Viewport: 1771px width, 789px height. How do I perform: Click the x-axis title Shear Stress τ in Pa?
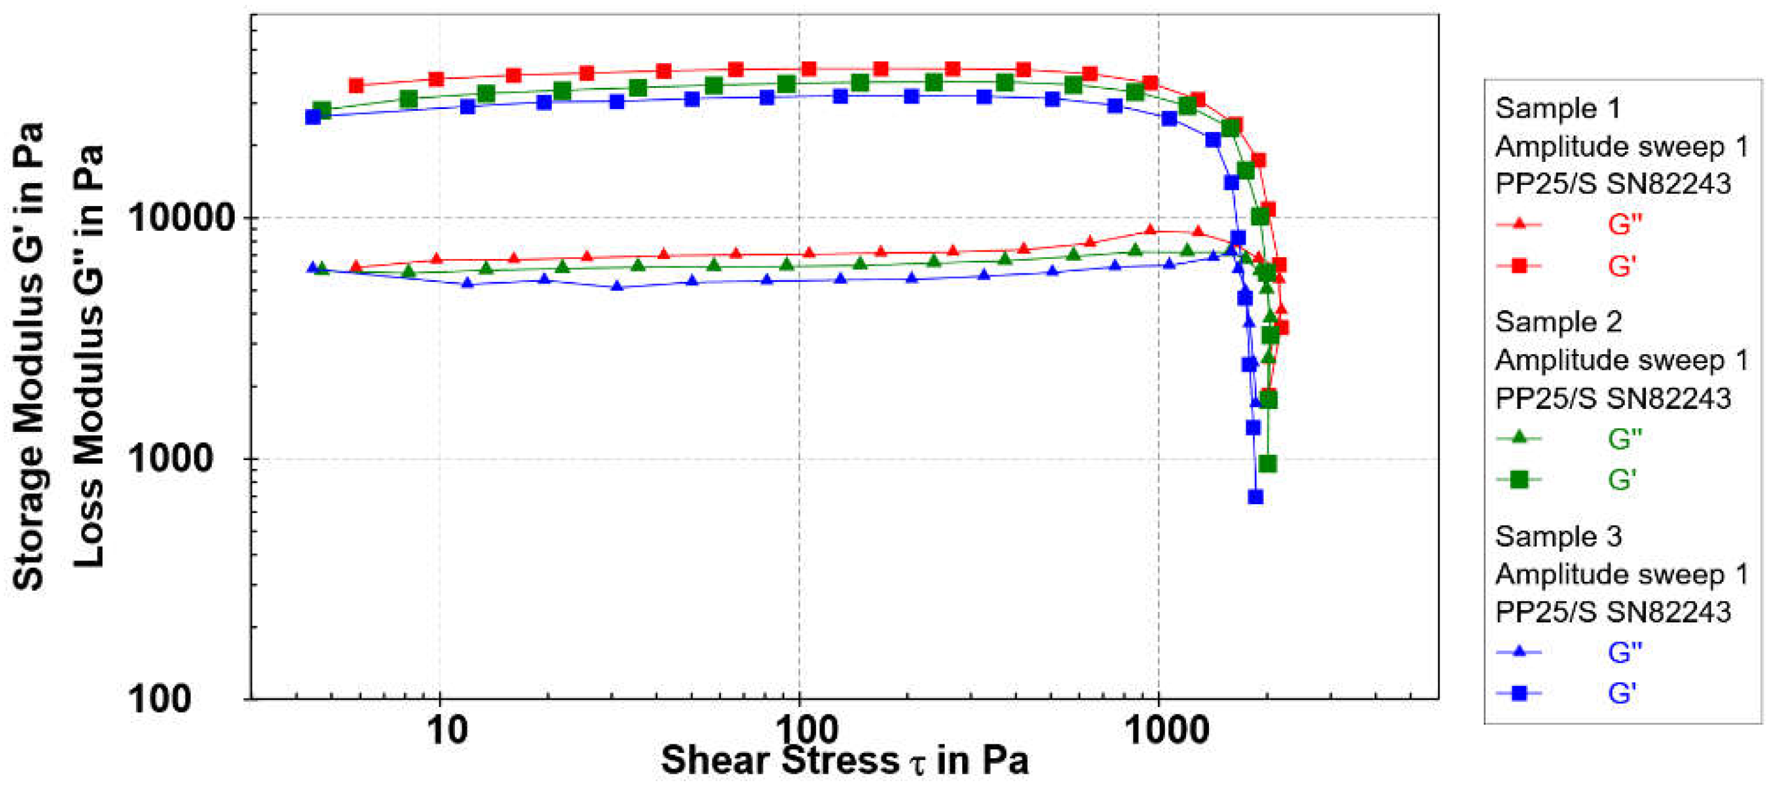(x=844, y=761)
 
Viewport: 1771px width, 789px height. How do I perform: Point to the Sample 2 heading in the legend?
(x=1558, y=322)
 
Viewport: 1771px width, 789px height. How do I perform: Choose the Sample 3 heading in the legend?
(x=1558, y=536)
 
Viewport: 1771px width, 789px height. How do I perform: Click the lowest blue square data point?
(x=1255, y=497)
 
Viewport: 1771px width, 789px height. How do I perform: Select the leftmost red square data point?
(x=356, y=86)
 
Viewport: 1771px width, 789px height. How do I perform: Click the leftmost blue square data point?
(x=313, y=116)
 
